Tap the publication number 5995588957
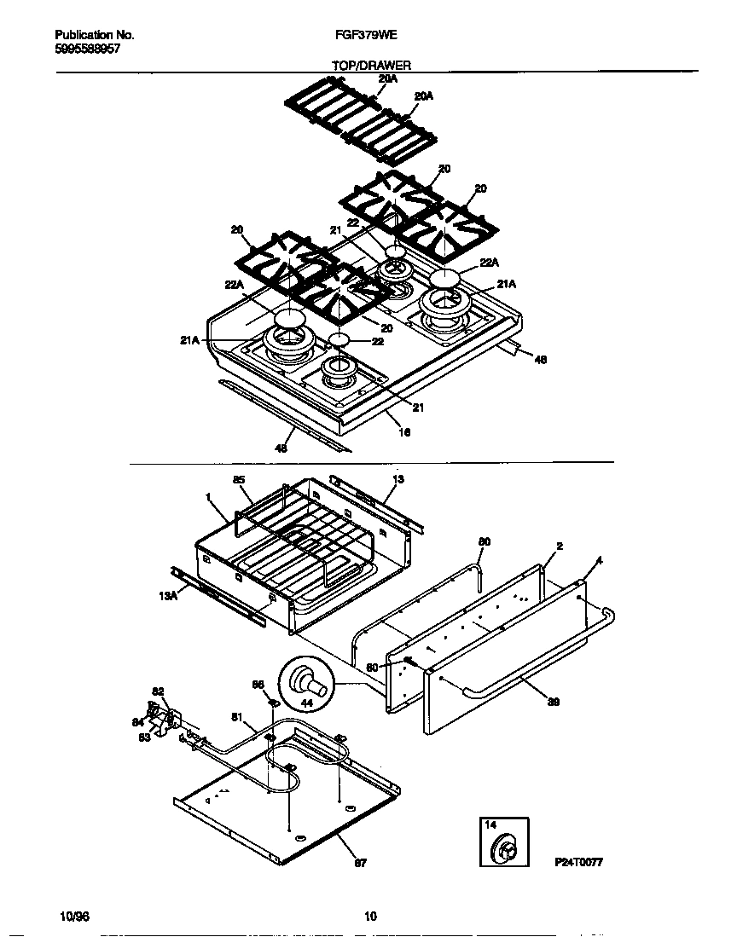click(x=86, y=49)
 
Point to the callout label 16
click(x=405, y=432)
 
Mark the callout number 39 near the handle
click(x=553, y=701)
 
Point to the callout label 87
click(x=360, y=863)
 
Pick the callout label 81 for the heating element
click(x=237, y=717)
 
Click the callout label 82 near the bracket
click(x=158, y=691)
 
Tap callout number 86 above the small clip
click(x=258, y=685)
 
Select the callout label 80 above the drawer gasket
click(x=484, y=541)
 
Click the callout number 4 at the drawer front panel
click(x=600, y=560)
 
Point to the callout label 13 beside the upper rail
click(x=398, y=479)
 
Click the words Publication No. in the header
click(x=94, y=36)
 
